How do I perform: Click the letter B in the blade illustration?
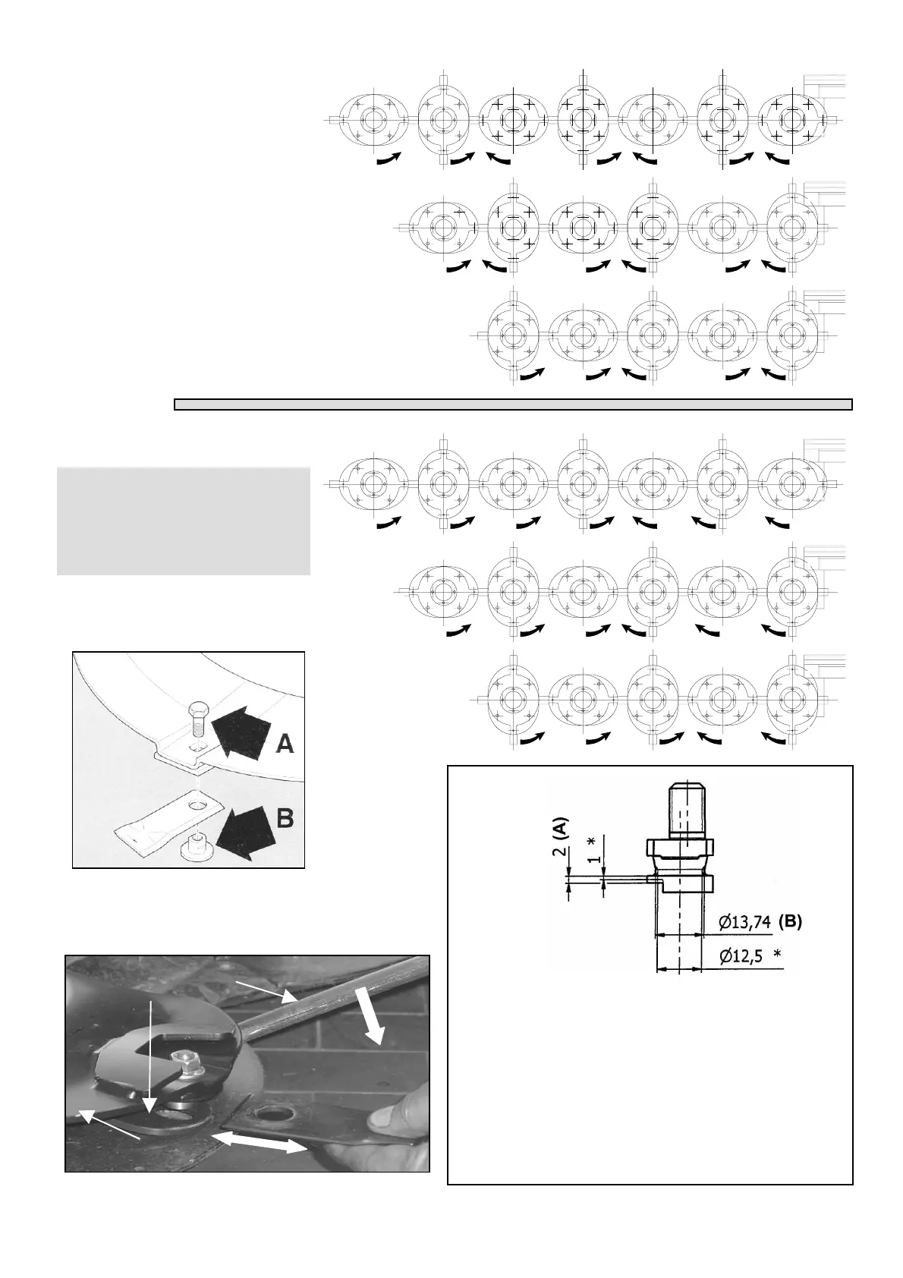(x=285, y=820)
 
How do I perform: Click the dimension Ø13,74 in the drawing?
(x=745, y=922)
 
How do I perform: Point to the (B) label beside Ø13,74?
(x=791, y=922)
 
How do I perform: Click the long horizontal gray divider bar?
(x=513, y=404)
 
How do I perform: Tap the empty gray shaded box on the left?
(x=183, y=521)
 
